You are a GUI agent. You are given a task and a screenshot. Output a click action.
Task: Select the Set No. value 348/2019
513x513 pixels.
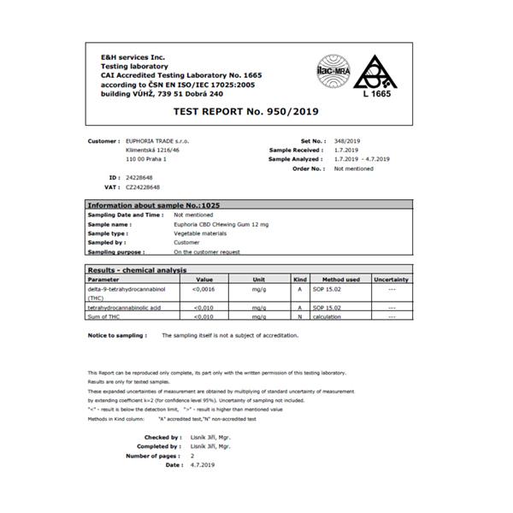(347, 140)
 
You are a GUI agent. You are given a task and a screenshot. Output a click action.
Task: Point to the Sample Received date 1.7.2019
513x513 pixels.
(347, 150)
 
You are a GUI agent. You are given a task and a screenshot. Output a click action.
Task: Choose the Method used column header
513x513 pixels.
(340, 280)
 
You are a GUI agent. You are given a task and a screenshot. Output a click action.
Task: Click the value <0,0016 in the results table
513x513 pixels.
(204, 289)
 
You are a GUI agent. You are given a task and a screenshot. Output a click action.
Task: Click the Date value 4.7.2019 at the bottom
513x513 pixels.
(203, 465)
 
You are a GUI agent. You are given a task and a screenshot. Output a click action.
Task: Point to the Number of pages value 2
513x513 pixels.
(192, 456)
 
